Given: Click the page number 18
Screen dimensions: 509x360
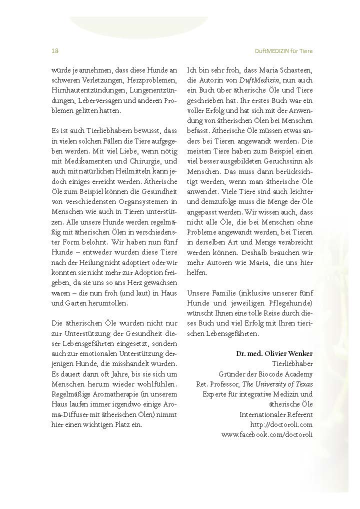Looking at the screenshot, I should [x=55, y=51].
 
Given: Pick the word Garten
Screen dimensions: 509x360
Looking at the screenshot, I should [x=63, y=302].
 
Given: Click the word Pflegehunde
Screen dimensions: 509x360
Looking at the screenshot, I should [x=288, y=303].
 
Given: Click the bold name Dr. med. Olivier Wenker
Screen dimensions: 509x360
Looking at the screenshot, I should [x=274, y=353].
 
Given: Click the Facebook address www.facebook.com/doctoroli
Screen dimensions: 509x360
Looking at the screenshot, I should [x=267, y=434].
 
